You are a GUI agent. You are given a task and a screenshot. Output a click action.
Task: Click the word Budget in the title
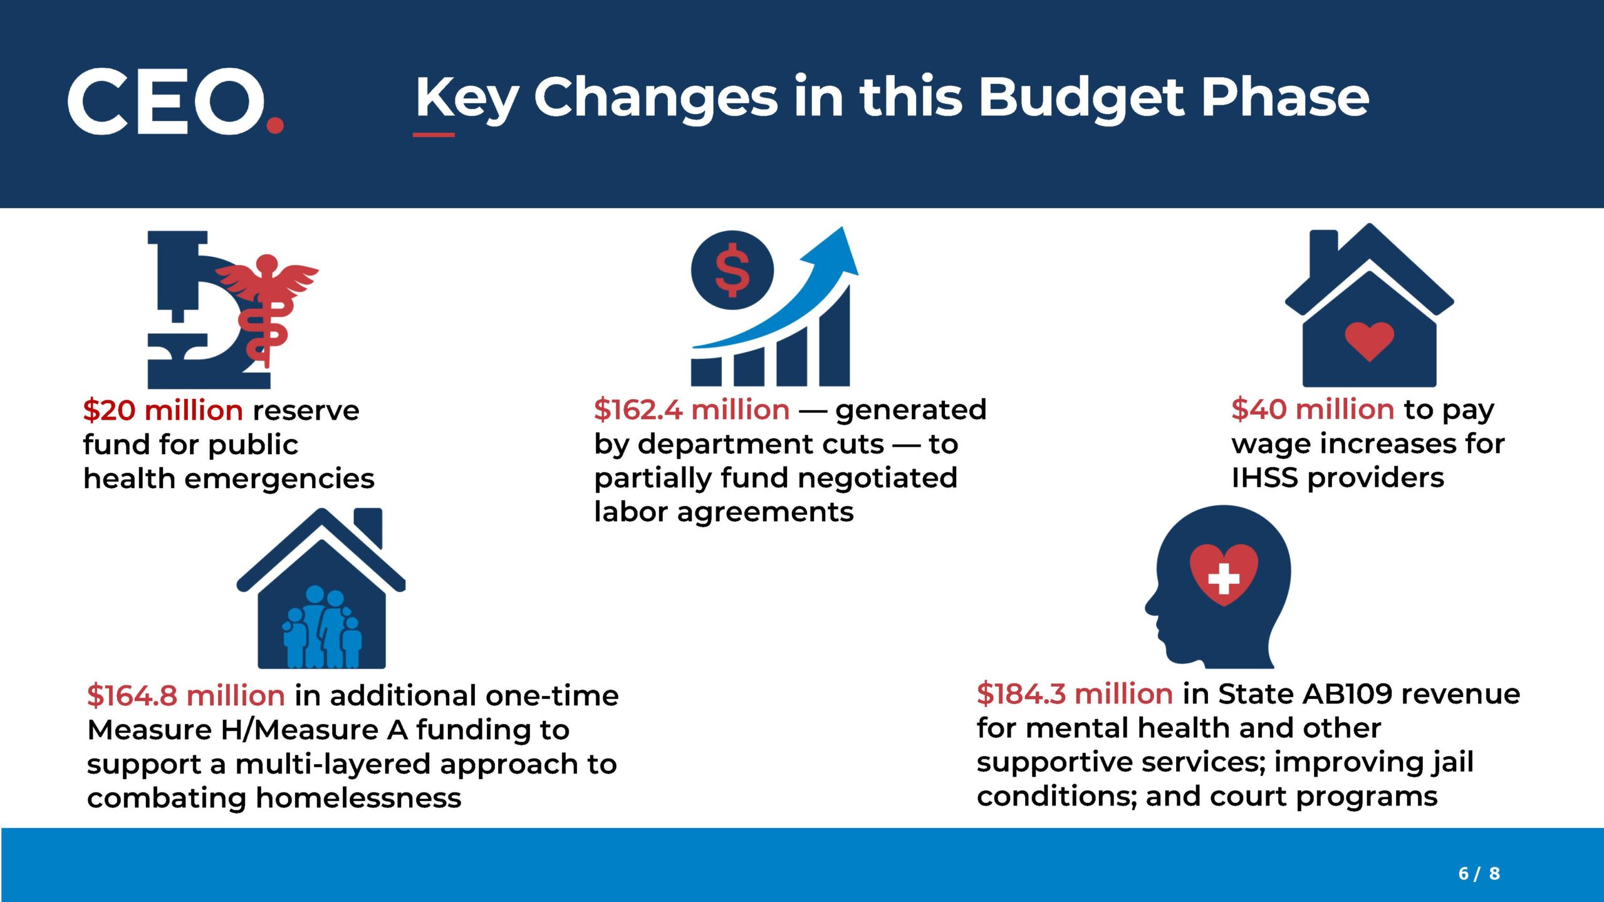[x=1081, y=98]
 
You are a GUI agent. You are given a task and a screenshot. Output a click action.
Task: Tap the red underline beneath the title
[x=434, y=134]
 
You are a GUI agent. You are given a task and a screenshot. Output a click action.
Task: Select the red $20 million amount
[x=162, y=410]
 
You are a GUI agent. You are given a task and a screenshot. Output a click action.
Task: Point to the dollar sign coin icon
[x=732, y=271]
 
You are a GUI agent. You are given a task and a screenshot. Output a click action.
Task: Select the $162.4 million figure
[x=692, y=410]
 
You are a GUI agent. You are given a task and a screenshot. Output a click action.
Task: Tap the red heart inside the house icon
[x=1369, y=340]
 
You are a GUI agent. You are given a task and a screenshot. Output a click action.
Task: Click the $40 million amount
[x=1312, y=409]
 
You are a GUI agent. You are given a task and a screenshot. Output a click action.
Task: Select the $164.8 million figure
[x=186, y=695]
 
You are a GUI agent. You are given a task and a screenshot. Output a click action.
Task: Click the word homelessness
[x=358, y=798]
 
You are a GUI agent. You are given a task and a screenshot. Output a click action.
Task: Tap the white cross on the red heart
[x=1224, y=578]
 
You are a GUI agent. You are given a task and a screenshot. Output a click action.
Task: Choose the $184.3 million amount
[x=1075, y=694]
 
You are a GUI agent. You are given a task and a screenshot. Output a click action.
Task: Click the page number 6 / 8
[x=1479, y=873]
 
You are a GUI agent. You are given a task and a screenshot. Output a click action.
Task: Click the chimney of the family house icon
[x=368, y=526]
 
